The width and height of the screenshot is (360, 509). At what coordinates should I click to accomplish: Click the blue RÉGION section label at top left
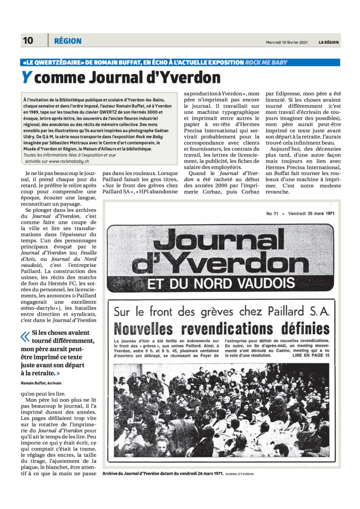click(x=68, y=41)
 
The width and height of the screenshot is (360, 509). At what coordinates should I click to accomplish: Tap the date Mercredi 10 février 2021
click(x=287, y=42)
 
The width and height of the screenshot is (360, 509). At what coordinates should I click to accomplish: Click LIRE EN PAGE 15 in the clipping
click(x=312, y=356)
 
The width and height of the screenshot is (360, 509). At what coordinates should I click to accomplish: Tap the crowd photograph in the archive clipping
click(x=221, y=413)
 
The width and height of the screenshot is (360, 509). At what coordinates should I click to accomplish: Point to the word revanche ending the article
click(x=281, y=192)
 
